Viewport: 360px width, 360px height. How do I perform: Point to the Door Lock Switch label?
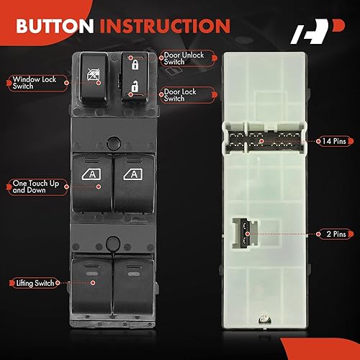coord(184,95)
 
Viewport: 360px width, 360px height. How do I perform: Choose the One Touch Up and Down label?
coord(32,188)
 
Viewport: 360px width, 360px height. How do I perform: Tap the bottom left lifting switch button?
coord(91,282)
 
